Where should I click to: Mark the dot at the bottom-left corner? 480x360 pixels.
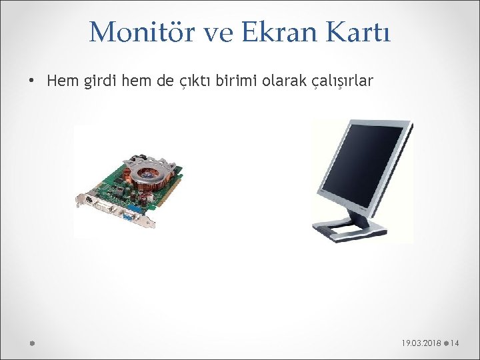click(31, 343)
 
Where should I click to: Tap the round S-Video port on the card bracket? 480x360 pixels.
click(87, 198)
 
